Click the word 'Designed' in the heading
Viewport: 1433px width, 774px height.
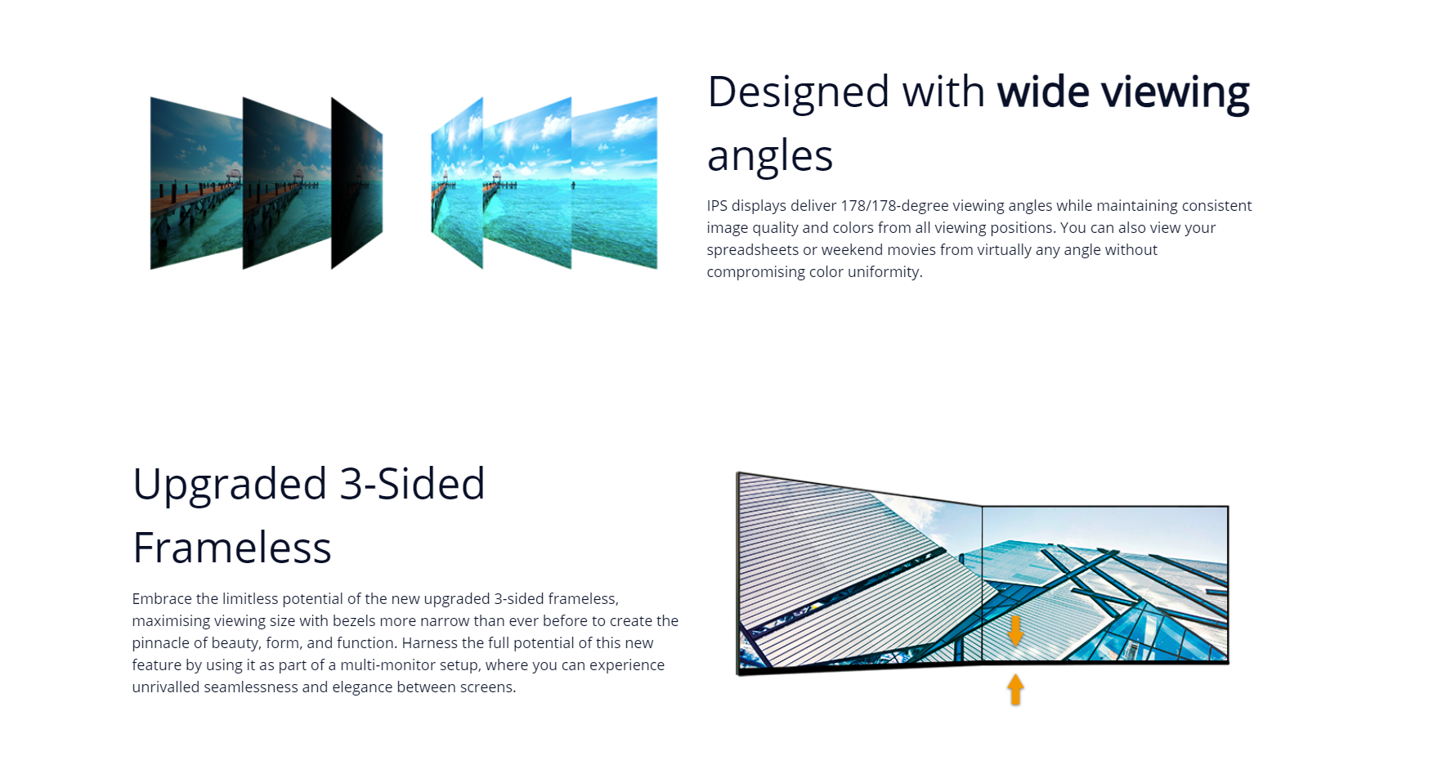click(798, 92)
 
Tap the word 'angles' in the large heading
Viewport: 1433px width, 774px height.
click(770, 157)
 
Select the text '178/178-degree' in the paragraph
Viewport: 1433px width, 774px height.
click(894, 206)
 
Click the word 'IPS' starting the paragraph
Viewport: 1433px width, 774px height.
click(717, 206)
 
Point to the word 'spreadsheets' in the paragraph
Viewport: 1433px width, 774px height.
click(752, 250)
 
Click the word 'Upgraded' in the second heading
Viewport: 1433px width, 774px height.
click(230, 485)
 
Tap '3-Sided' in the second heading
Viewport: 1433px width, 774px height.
click(412, 484)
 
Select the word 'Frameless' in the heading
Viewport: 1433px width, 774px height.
click(232, 548)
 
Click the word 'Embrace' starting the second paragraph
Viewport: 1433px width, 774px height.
click(162, 599)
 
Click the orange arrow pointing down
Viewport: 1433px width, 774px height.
click(1015, 631)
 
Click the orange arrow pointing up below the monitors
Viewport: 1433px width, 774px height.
click(1015, 689)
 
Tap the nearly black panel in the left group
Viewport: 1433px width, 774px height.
click(356, 183)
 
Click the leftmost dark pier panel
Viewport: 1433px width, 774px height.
click(196, 183)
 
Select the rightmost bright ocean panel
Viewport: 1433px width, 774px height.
click(614, 183)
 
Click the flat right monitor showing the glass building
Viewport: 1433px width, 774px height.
click(1105, 584)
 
